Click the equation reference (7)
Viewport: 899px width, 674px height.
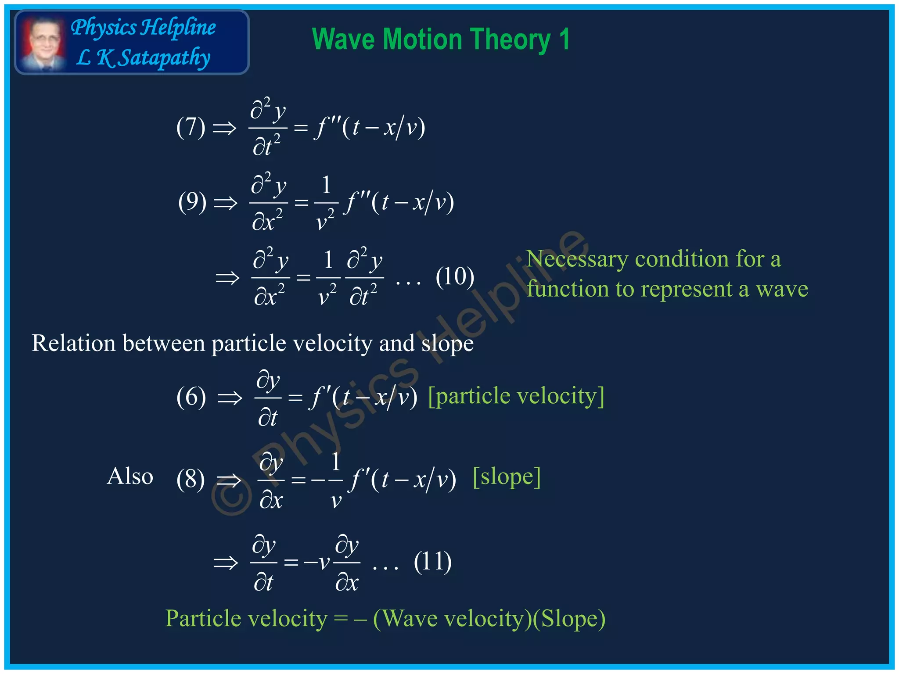191,127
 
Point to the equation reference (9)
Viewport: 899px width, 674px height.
192,202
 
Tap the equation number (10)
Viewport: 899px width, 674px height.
455,277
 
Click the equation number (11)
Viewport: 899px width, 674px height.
432,562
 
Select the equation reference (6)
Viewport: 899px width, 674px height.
191,397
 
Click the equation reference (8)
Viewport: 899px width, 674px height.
191,479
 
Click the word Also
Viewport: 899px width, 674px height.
130,477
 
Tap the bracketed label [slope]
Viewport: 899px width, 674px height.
506,477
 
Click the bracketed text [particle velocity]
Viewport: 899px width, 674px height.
516,396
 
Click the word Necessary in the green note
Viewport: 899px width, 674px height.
577,259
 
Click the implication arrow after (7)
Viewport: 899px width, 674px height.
224,128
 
